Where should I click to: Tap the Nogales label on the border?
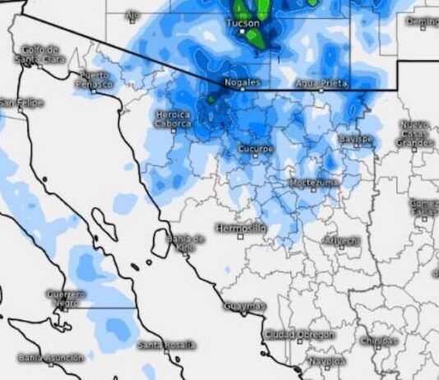tap(242, 83)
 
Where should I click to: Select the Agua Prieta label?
tap(321, 84)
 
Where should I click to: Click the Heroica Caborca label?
tap(173, 119)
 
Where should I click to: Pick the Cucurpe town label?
tap(255, 149)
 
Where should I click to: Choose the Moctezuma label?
tap(313, 182)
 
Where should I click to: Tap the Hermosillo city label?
tap(241, 227)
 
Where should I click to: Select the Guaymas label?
tap(245, 306)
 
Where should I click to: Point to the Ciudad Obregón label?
tap(299, 335)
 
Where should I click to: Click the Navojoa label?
tap(327, 361)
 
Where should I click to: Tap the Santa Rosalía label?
tap(167, 345)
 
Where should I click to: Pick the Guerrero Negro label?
tap(66, 298)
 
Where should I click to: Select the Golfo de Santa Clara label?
tap(38, 54)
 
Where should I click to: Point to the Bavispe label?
tap(355, 139)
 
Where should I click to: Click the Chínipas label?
tap(378, 341)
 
